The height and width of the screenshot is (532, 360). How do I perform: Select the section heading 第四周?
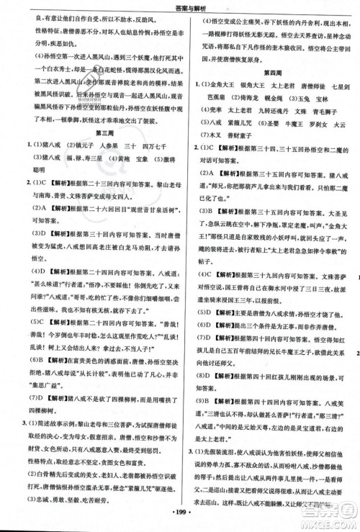coord(271,73)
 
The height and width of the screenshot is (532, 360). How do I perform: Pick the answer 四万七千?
coord(164,150)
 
